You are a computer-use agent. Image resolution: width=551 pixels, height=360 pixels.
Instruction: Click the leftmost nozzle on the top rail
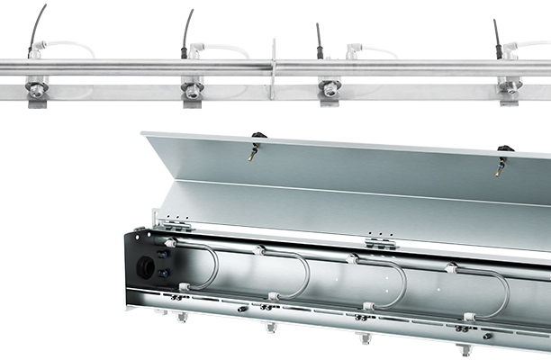click(37, 89)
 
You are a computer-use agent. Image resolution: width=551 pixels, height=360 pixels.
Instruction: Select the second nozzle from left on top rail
click(192, 89)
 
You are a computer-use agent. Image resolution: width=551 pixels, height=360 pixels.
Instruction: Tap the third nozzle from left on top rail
click(330, 88)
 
